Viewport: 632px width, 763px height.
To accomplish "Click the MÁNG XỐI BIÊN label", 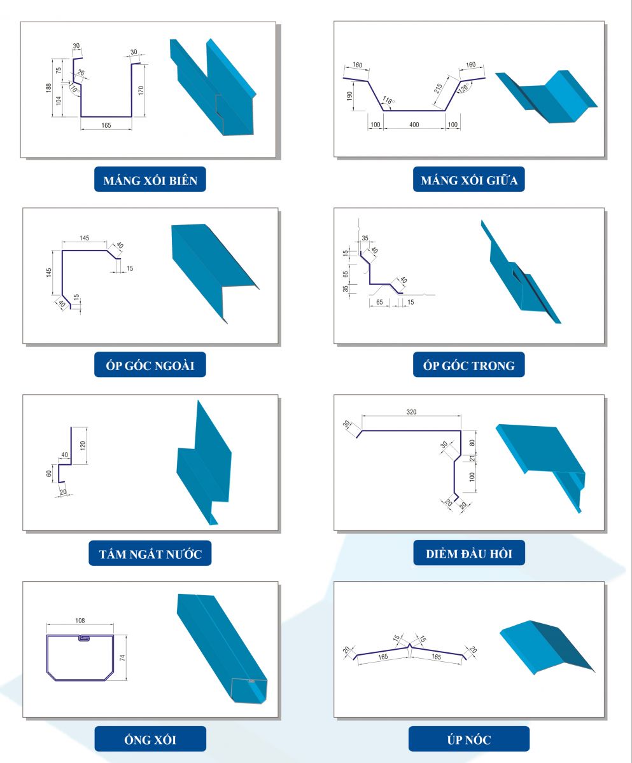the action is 150,181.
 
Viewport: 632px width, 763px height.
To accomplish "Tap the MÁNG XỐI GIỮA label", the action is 469,180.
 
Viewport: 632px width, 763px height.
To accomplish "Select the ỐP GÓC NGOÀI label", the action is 150,366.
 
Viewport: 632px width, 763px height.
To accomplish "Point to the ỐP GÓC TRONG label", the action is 469,366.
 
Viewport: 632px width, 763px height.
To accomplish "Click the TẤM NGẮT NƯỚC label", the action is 150,554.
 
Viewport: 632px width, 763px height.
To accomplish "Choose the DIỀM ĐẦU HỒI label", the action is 469,553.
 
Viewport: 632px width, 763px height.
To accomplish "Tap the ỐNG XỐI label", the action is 150,740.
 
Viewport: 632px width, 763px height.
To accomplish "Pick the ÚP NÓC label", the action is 469,740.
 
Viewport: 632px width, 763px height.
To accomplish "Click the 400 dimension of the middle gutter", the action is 414,125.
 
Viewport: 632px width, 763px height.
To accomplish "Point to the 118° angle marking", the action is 388,100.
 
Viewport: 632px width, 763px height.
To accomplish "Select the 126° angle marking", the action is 464,88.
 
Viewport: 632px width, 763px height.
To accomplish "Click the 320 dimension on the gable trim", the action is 411,412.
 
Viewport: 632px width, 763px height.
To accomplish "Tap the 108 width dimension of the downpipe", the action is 80,621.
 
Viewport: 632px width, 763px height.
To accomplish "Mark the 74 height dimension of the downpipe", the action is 122,657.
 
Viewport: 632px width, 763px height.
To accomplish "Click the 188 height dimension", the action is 48,88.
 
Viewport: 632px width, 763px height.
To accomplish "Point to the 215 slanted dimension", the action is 438,88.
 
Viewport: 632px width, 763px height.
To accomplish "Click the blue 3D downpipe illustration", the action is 221,647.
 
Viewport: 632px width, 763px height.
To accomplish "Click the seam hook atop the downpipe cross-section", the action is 84,638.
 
